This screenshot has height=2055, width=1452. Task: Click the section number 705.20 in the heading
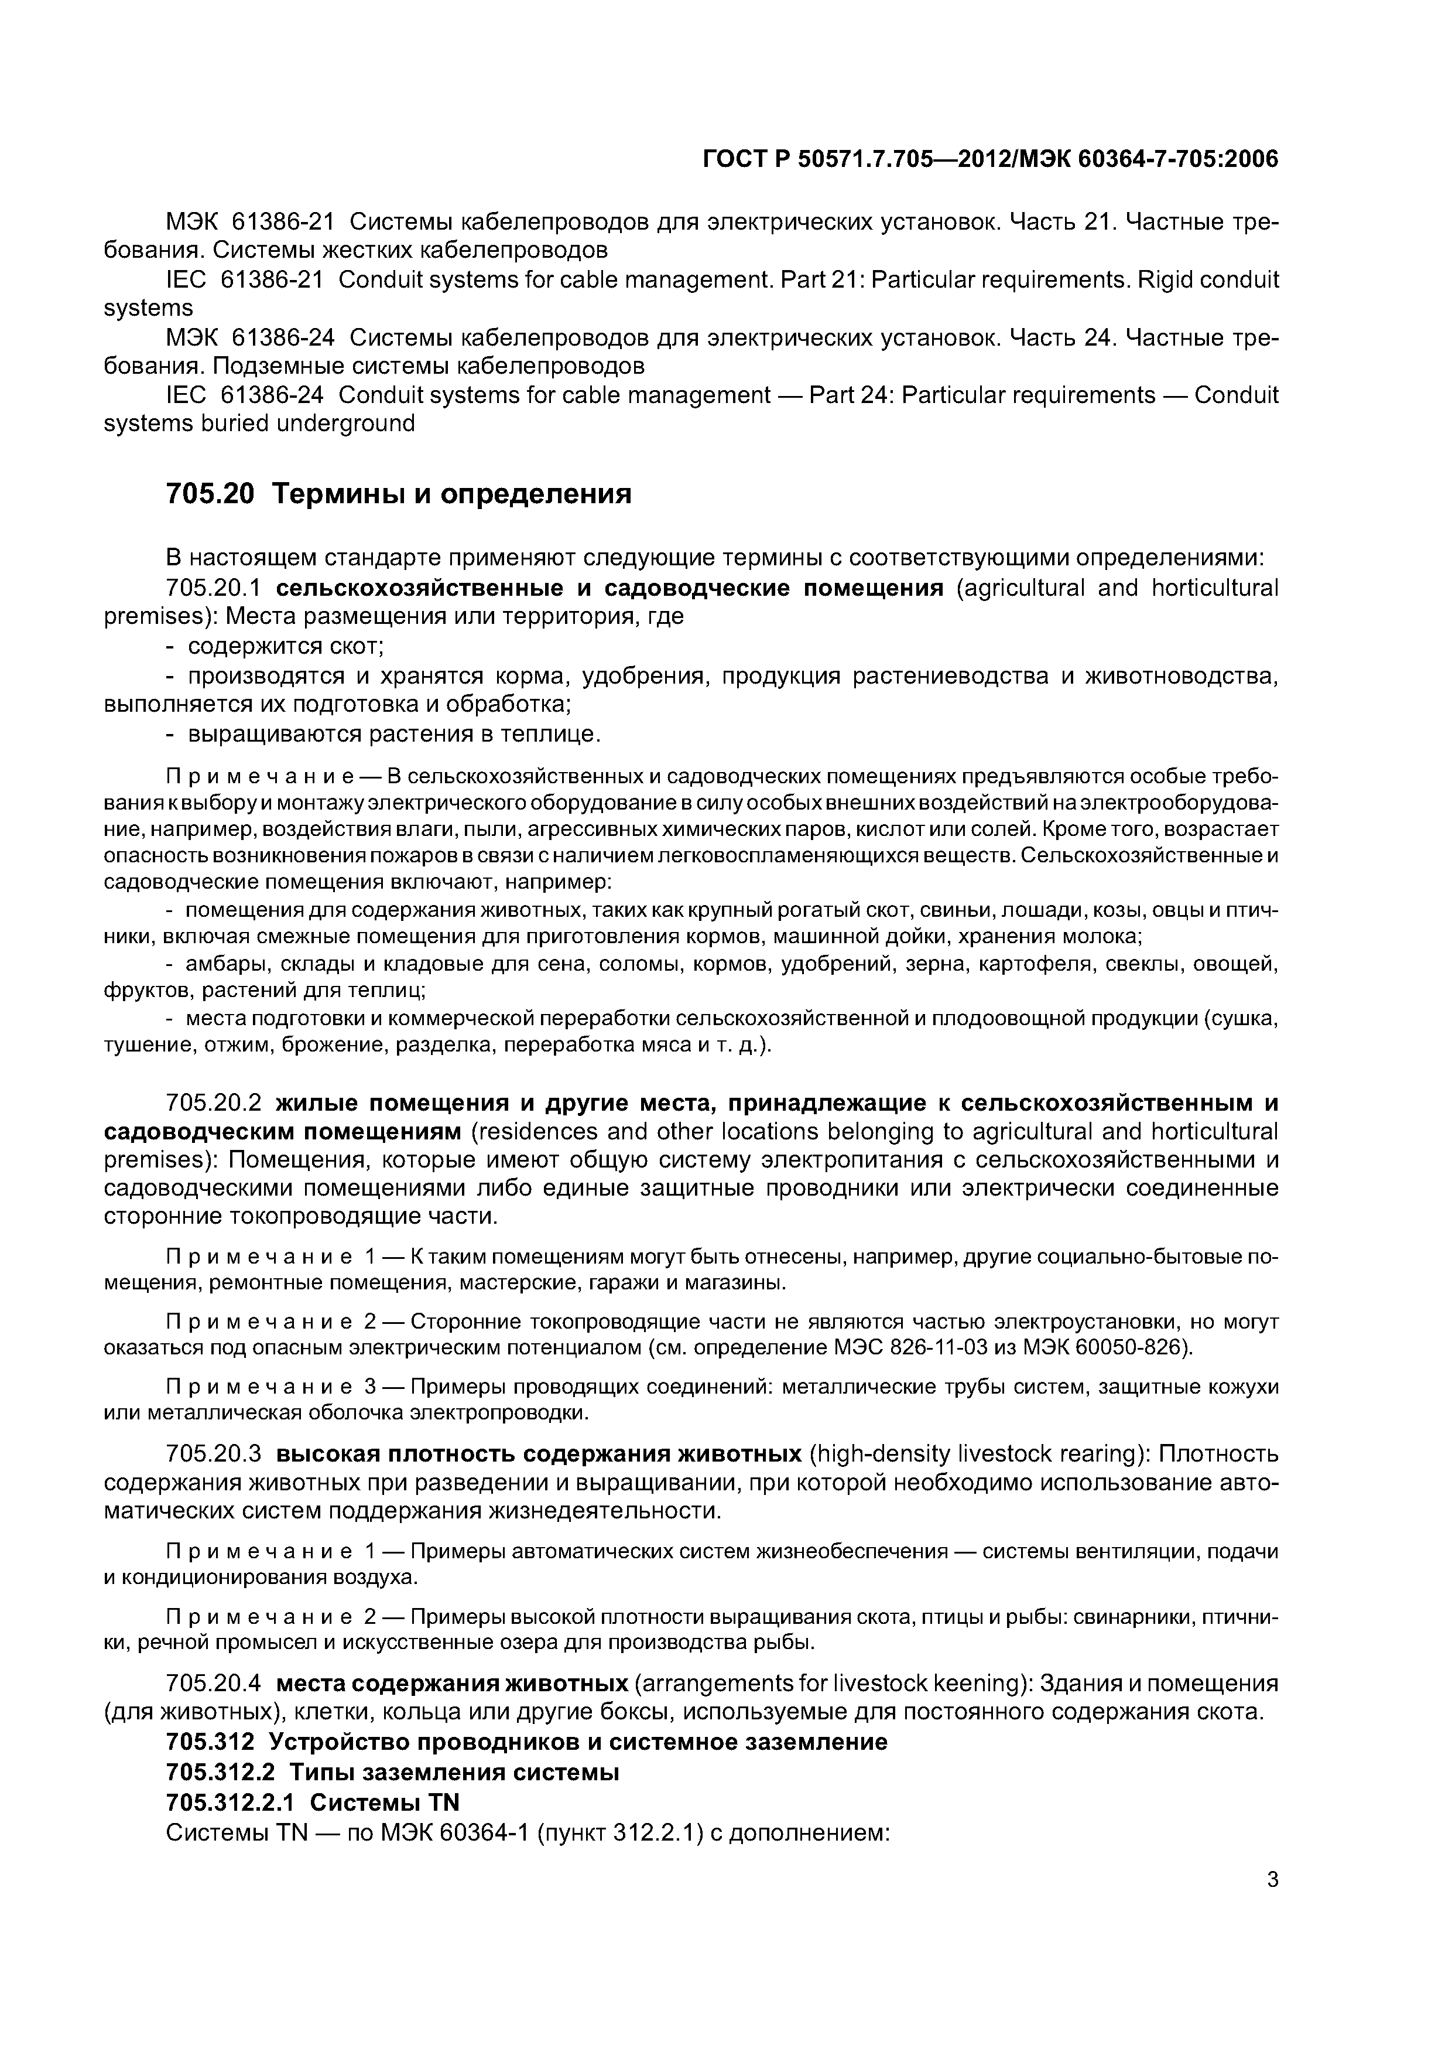pos(210,493)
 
